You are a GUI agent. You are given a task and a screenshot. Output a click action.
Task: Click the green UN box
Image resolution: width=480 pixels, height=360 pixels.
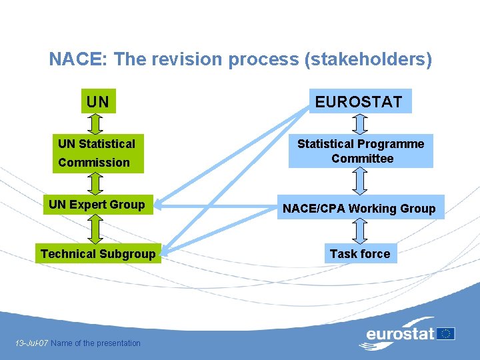[98, 102]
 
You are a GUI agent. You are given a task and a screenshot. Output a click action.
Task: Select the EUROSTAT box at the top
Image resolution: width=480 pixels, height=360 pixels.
[360, 101]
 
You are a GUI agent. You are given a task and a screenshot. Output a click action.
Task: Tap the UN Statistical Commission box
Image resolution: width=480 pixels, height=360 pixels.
[98, 153]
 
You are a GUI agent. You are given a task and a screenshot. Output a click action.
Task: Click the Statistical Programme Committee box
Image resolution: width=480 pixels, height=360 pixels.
[361, 151]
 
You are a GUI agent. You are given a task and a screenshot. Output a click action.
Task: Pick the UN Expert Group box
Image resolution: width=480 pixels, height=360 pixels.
[97, 205]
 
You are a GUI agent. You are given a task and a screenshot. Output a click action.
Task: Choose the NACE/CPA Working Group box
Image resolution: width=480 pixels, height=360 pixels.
[359, 209]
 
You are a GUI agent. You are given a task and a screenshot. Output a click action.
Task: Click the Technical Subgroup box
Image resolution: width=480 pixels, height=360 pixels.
[98, 253]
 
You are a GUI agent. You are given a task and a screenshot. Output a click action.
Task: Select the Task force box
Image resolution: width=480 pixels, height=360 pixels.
[360, 253]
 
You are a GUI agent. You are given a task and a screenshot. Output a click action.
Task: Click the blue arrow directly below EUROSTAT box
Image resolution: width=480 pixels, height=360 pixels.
[360, 124]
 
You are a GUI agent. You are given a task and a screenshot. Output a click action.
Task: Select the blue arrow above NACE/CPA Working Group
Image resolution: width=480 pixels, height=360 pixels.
[360, 180]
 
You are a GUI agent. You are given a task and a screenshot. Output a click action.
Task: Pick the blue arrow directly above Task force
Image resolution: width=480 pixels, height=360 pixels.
[360, 231]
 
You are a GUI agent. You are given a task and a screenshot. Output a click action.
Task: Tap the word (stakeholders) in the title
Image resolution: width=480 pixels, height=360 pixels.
[368, 60]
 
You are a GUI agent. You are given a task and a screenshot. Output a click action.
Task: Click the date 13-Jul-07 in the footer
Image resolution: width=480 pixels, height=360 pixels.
[31, 343]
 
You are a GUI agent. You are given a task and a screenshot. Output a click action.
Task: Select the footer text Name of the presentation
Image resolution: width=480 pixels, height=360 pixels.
[96, 343]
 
